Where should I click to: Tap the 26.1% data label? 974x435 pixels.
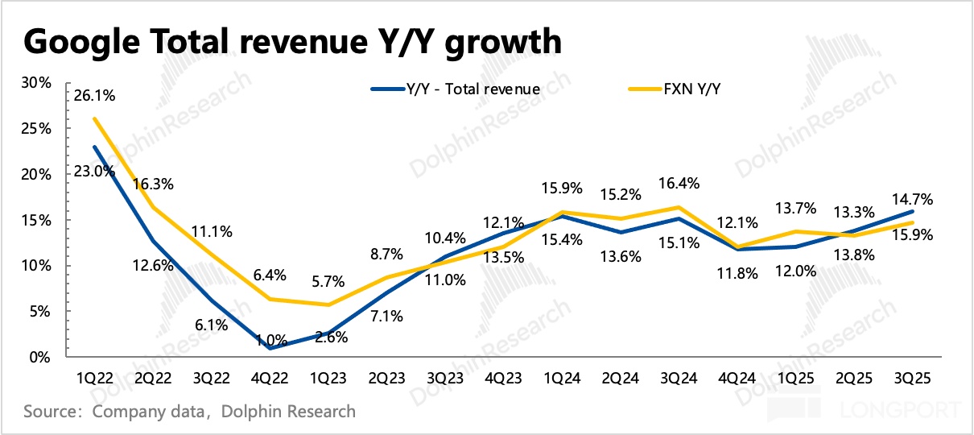coord(94,96)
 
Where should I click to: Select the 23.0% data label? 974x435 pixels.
coord(93,170)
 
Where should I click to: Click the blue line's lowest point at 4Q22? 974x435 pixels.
coord(269,348)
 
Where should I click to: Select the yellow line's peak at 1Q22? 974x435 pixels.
coord(95,118)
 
